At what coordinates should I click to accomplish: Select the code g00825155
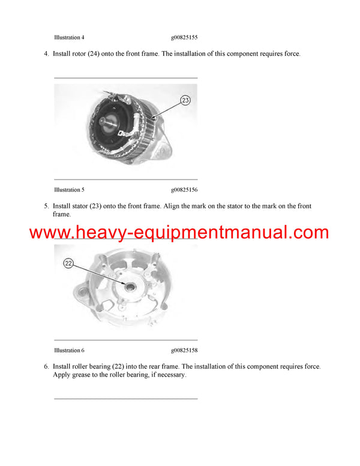(184, 37)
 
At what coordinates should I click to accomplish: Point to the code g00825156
(184, 190)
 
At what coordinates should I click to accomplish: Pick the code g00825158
(184, 350)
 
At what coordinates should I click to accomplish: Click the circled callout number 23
(185, 100)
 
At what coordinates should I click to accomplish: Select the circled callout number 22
(68, 263)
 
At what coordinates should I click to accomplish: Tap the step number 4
(46, 54)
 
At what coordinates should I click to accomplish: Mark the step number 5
(46, 207)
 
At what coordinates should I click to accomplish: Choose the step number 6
(46, 366)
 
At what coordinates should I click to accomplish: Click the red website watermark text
(179, 233)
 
